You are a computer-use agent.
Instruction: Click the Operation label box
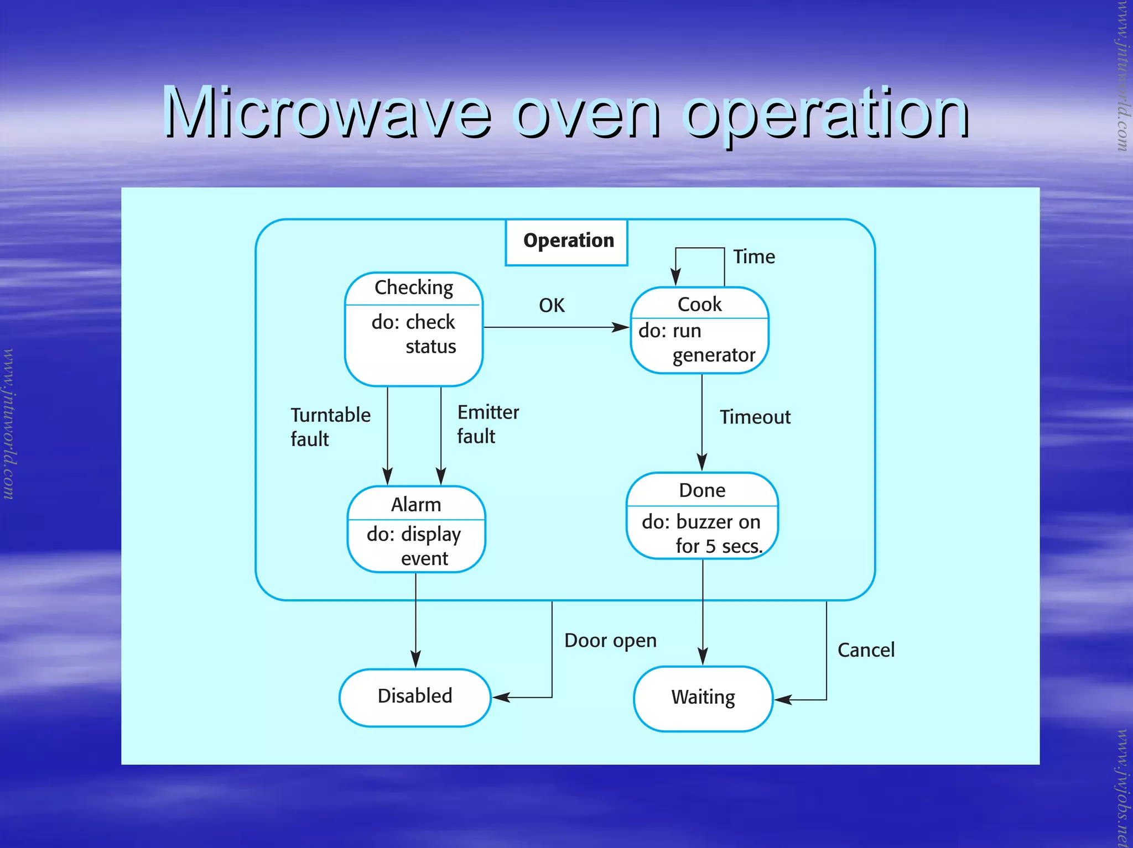pos(567,242)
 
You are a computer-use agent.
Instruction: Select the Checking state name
pos(414,288)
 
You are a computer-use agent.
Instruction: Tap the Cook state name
pos(699,304)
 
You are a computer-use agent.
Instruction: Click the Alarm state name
pos(416,505)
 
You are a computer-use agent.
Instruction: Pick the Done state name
pos(702,490)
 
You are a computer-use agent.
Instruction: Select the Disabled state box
pos(415,697)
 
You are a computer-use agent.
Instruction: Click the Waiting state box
pos(703,698)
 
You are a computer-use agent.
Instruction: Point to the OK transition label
pos(552,305)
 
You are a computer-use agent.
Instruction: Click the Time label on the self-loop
pos(753,257)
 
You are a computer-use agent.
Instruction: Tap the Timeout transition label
pos(755,417)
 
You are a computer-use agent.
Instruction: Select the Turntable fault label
pos(330,426)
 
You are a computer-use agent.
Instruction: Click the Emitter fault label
pos(487,424)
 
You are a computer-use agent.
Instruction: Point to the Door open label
pos(610,640)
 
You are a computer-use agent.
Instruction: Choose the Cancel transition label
pos(866,650)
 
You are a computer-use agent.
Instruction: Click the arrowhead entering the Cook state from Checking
pos(622,327)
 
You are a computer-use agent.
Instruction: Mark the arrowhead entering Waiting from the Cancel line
pos(782,700)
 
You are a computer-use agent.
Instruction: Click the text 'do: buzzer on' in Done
pos(701,522)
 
